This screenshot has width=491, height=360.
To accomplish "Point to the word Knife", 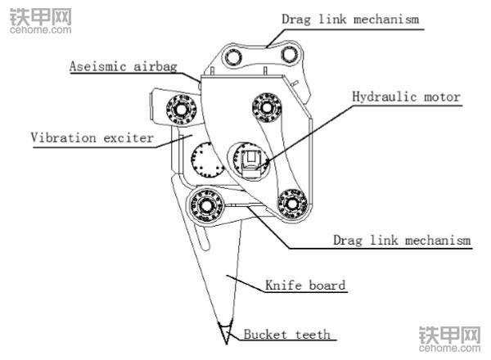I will point(282,286).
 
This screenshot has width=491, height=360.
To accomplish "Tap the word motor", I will point(440,97).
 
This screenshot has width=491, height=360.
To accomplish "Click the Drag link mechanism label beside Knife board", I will point(402,241).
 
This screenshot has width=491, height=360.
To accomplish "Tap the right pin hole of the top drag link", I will point(287,53).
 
